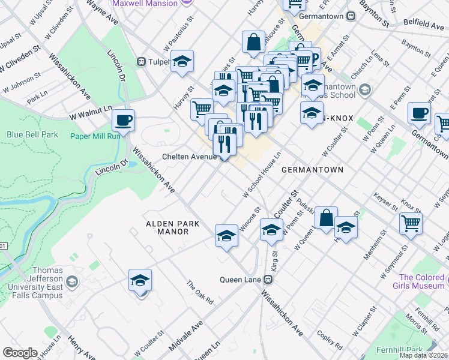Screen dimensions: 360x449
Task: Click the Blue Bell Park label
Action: tap(32, 135)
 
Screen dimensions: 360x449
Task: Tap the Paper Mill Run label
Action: tap(96, 135)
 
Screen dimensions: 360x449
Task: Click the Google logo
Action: tap(20, 353)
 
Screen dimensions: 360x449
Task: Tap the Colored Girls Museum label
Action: tap(421, 282)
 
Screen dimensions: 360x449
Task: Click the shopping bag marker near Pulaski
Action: tap(326, 219)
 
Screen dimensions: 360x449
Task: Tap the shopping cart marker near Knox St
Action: tap(411, 223)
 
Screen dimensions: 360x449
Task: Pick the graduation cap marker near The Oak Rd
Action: tap(140, 280)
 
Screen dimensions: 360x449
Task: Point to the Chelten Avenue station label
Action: tap(189, 157)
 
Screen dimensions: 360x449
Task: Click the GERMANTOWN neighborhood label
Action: tap(312, 170)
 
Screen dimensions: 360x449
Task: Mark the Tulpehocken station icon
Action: tap(142, 61)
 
